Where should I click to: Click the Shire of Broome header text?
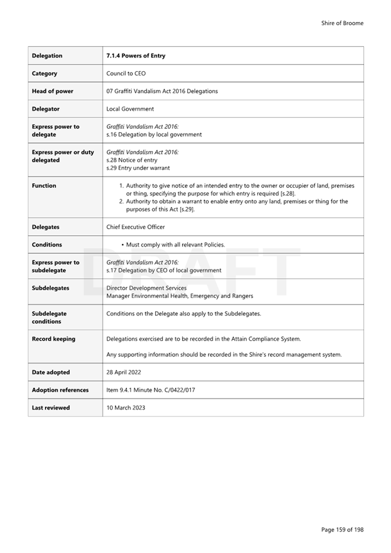[x=342, y=23]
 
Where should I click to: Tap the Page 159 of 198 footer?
[x=342, y=530]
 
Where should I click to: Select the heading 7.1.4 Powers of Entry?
[x=136, y=56]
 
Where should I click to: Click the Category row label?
[x=45, y=74]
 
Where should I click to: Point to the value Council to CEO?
[x=126, y=74]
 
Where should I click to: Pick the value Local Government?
[x=130, y=109]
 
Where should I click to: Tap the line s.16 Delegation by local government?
[x=154, y=135]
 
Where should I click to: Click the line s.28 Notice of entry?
[x=132, y=160]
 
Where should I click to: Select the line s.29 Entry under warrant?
[x=138, y=168]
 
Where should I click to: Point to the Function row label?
[x=44, y=186]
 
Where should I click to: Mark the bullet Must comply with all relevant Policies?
[x=175, y=245]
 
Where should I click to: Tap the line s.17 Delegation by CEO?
[x=163, y=271]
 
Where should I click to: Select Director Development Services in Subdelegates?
[x=146, y=288]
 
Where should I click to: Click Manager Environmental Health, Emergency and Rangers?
[x=180, y=296]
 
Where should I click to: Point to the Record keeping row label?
[x=53, y=339]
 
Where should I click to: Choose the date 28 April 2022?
[x=124, y=372]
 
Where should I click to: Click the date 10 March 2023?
[x=126, y=408]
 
